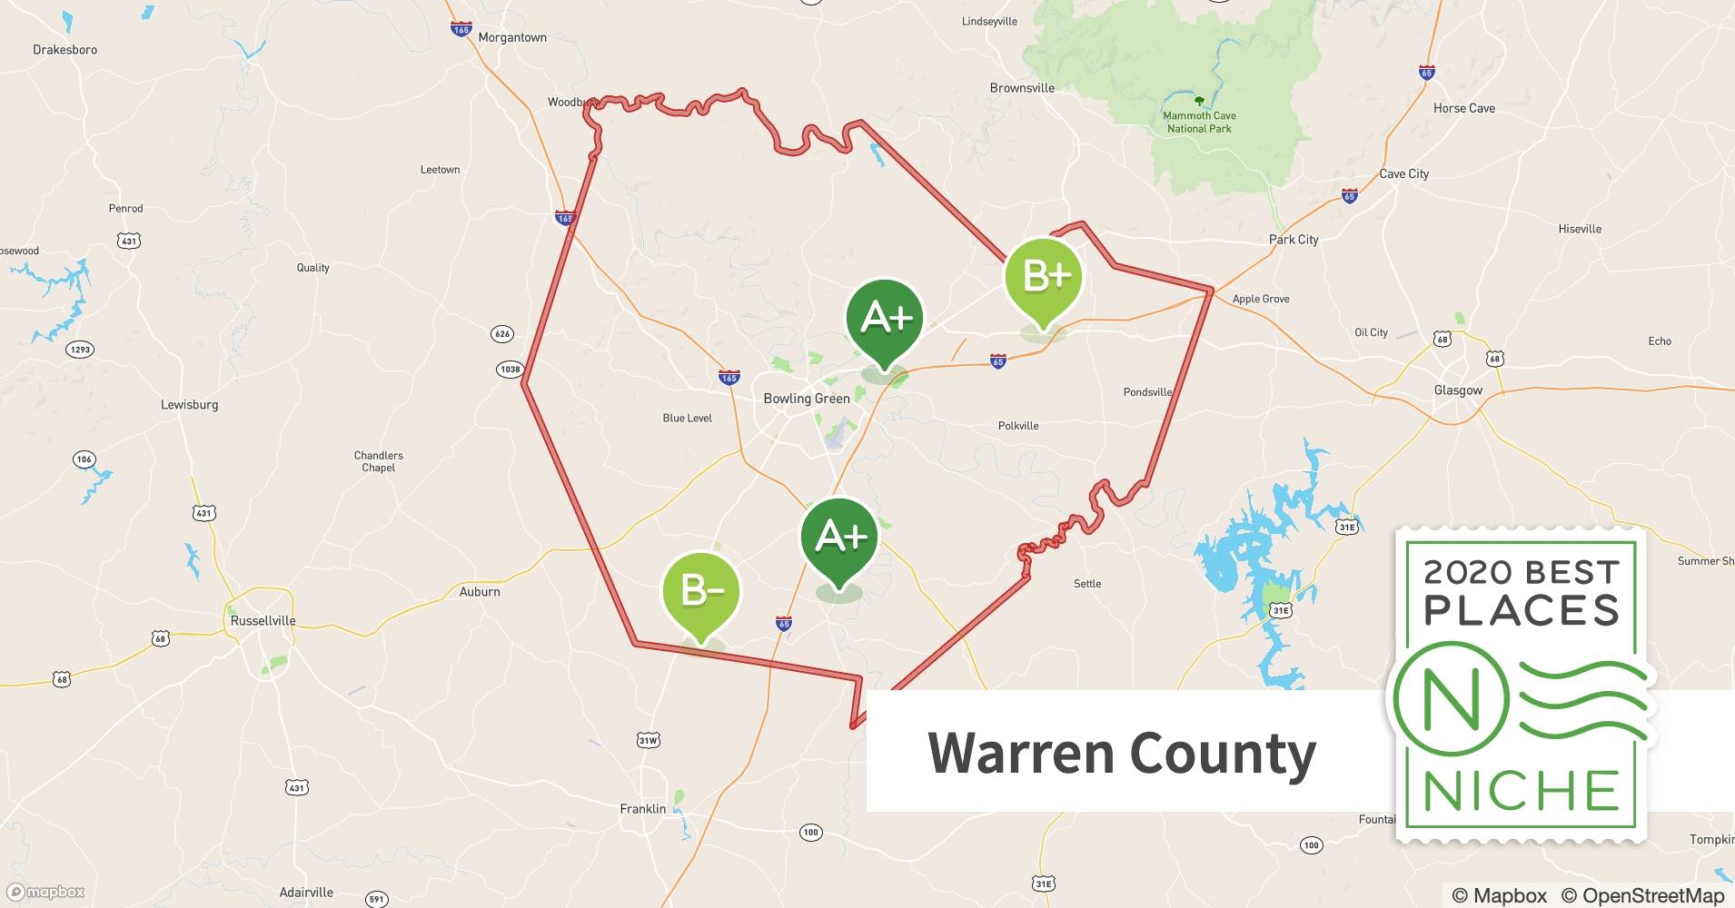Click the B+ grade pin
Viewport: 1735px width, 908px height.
[x=1044, y=277]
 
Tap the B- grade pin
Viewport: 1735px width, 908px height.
[x=701, y=592]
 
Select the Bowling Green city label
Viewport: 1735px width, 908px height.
[x=807, y=399]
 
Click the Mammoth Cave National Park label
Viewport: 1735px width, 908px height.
[x=1199, y=123]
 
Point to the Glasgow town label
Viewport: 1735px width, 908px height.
[x=1458, y=390]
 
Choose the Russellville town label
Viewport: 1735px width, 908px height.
[x=263, y=621]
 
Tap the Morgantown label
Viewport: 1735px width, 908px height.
[x=512, y=38]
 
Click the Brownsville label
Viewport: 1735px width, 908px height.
[x=1022, y=88]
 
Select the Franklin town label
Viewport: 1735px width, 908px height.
[x=643, y=809]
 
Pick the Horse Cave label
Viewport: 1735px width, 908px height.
[x=1464, y=108]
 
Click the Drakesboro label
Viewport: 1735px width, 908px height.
[x=65, y=50]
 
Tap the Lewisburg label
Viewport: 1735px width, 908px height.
[x=190, y=405]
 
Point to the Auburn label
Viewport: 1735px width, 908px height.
[x=480, y=592]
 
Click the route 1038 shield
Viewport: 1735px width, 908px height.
[x=511, y=369]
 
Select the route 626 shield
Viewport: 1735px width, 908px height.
[x=502, y=334]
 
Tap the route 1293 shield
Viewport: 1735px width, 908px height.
[x=80, y=350]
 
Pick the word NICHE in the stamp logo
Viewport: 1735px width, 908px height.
[x=1522, y=792]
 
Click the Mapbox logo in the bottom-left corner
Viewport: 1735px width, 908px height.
[x=45, y=892]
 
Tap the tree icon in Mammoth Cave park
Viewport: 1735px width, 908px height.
[x=1199, y=101]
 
